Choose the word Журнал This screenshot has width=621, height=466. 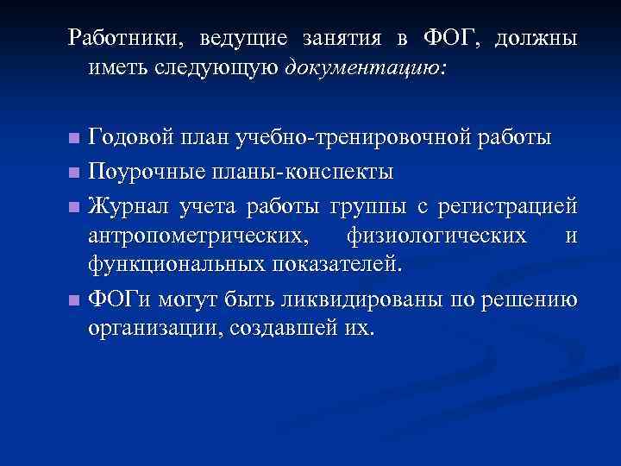[x=130, y=206]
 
